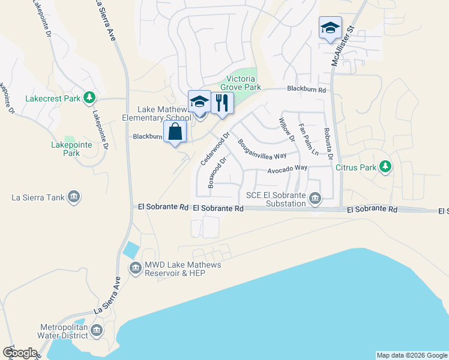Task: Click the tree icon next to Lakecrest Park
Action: (x=89, y=97)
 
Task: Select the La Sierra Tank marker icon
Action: (x=74, y=197)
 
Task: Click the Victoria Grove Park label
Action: (x=243, y=83)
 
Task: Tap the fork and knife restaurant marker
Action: (x=222, y=103)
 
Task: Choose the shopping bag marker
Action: (x=175, y=133)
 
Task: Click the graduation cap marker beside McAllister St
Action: (x=330, y=28)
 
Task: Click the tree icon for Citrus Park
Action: (x=385, y=167)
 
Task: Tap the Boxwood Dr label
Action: (x=216, y=173)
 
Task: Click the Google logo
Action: (x=19, y=353)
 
